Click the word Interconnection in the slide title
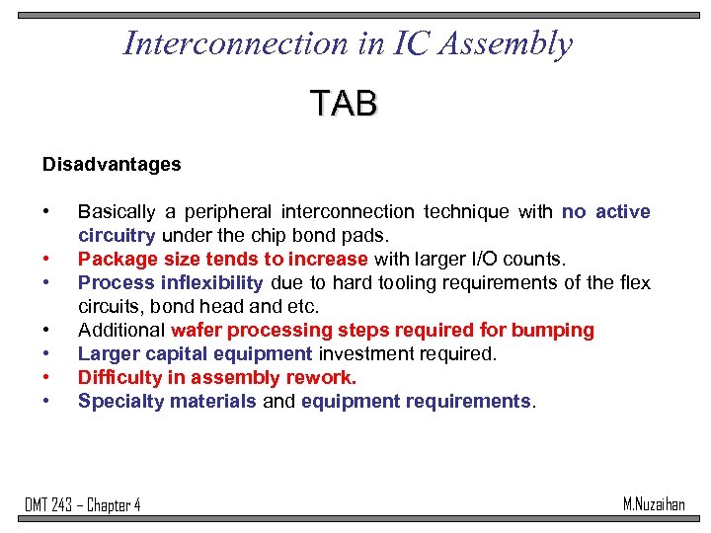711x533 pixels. (233, 44)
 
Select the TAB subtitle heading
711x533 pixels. (343, 103)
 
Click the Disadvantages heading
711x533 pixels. (112, 165)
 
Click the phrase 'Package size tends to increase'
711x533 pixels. (223, 260)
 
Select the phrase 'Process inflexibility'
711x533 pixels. (171, 283)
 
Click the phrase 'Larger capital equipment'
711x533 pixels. (195, 354)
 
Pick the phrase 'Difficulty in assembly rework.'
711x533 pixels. (217, 378)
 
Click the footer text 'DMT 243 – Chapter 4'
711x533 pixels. (83, 505)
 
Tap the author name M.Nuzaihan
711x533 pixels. (653, 504)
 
